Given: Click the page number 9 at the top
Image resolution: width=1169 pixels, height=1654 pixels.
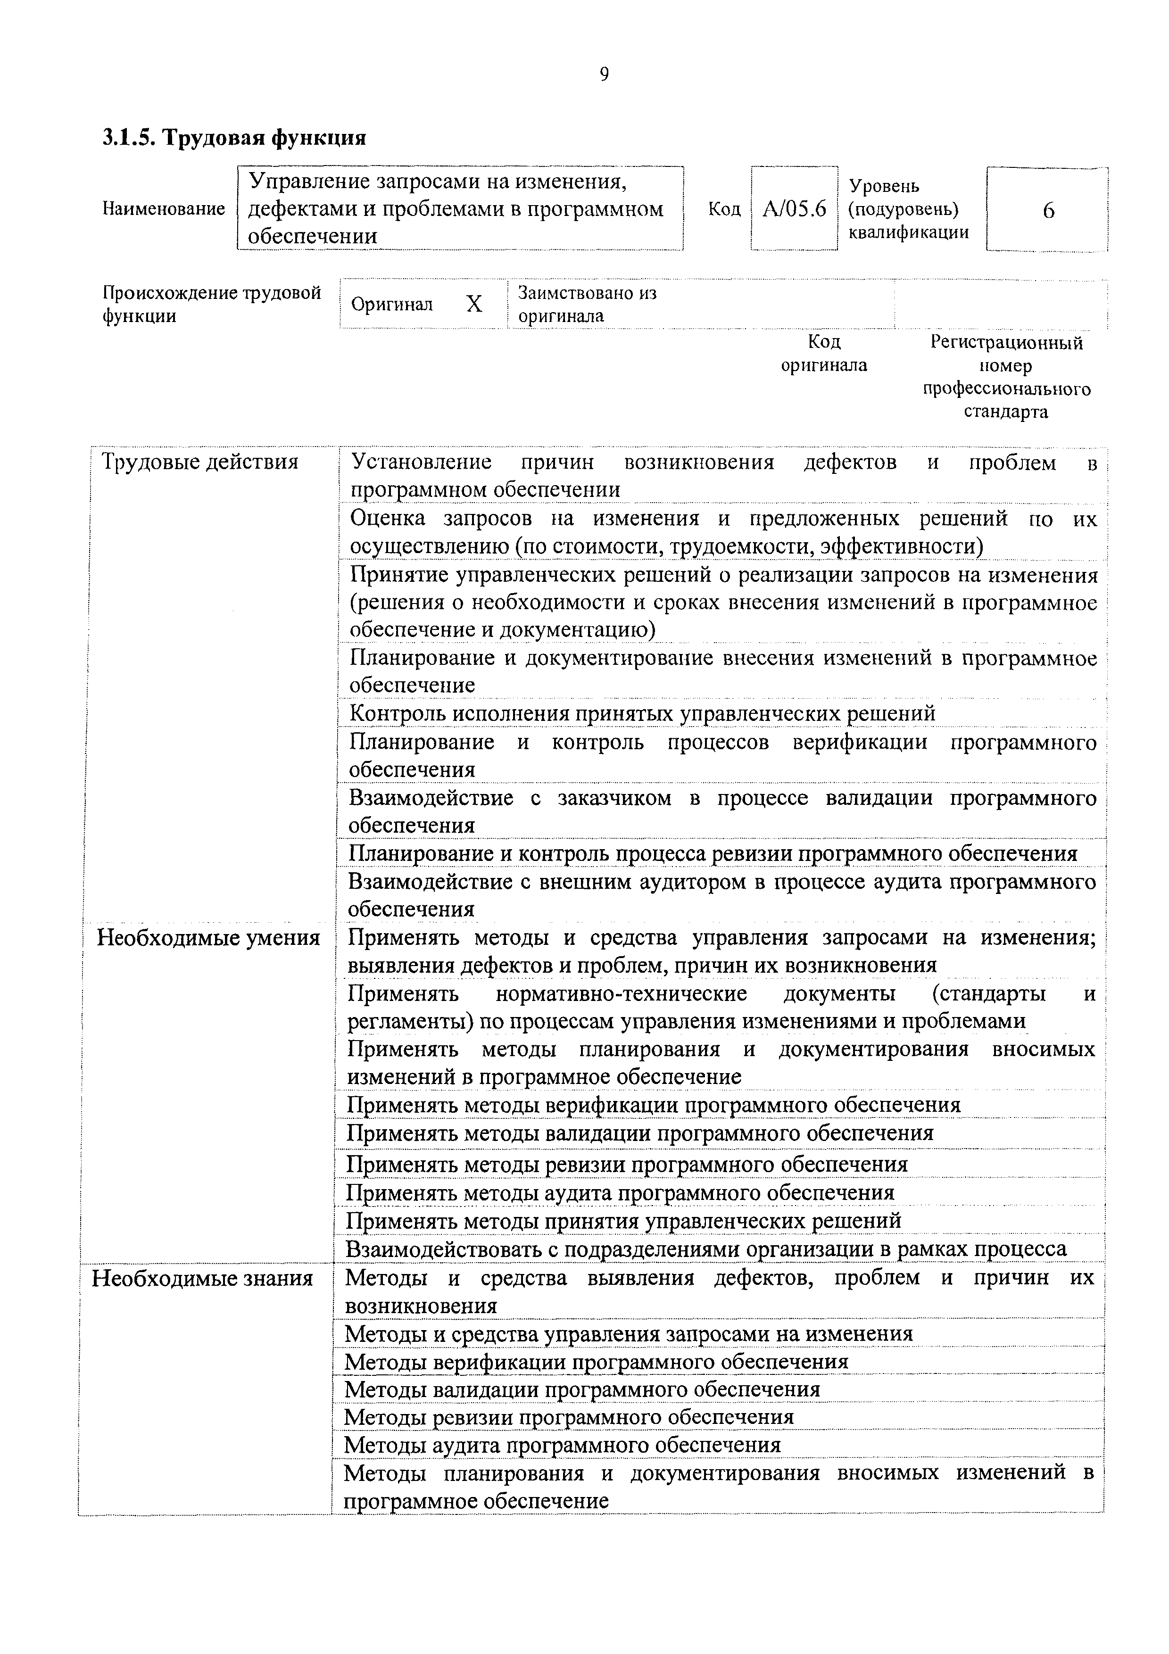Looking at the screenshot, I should [x=604, y=75].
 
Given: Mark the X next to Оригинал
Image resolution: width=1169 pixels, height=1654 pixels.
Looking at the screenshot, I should [x=474, y=305].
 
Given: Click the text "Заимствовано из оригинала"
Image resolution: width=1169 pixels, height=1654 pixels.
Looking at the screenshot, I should [x=587, y=305].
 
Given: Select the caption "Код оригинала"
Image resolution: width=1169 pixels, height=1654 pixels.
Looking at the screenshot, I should [x=824, y=354].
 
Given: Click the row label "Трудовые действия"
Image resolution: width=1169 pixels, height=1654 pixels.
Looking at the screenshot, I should [x=200, y=462].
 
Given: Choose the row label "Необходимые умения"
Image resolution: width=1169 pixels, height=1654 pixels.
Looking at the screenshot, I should [x=208, y=938].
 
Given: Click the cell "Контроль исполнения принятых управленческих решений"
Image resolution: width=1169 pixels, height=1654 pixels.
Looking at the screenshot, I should [x=642, y=714].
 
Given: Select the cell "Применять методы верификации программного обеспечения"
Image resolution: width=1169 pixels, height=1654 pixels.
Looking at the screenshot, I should [x=653, y=1104].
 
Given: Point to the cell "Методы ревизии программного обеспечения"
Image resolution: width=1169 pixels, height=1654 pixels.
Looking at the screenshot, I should [x=569, y=1417].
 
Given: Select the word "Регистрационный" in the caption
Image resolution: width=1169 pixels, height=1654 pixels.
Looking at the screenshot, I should [x=1006, y=343].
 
